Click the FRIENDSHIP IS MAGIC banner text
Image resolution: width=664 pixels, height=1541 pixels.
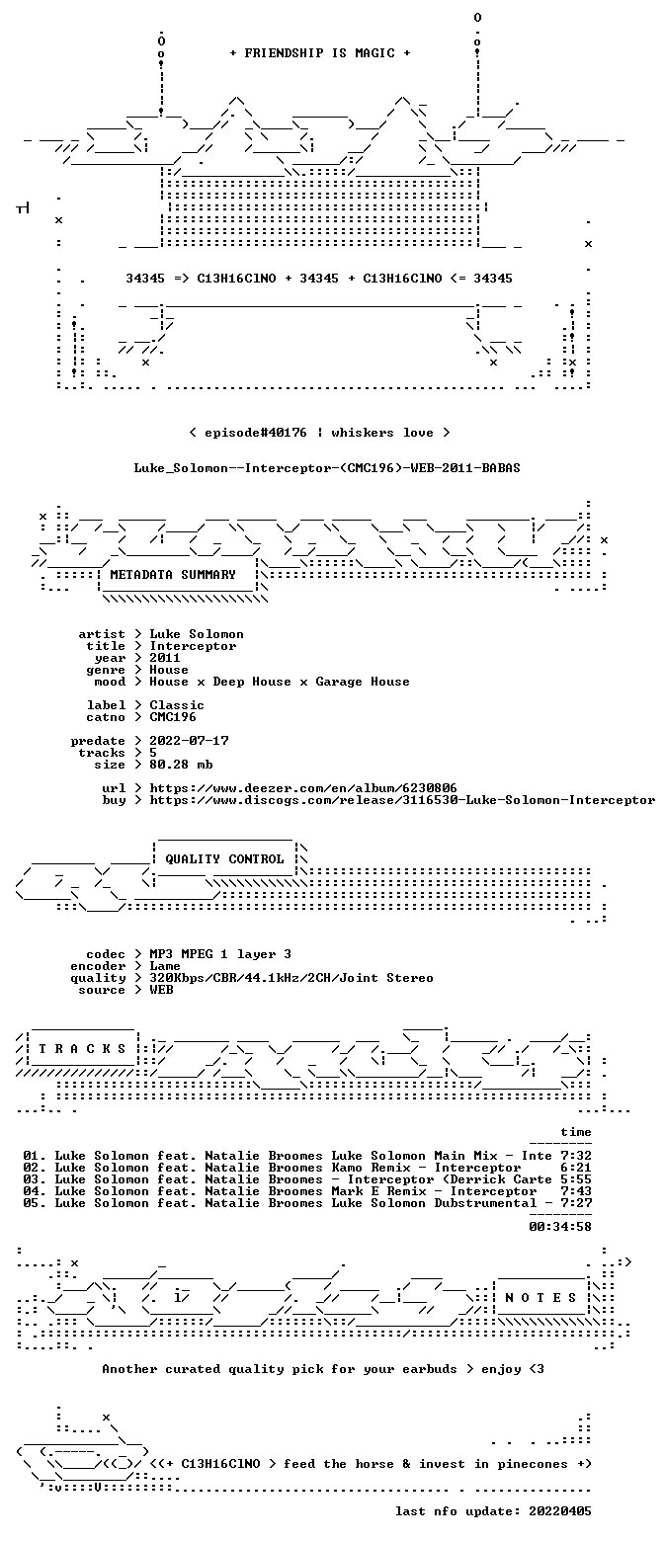pos(320,53)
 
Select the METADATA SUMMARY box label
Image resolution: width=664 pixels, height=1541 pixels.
pos(173,575)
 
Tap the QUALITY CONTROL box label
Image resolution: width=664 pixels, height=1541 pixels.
pos(224,859)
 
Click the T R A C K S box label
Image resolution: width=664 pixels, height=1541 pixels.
pos(83,1049)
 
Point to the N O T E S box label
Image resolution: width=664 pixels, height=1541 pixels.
pos(540,1297)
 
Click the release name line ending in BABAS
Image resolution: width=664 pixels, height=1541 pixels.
pos(327,468)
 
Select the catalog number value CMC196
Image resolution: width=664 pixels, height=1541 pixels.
pos(173,717)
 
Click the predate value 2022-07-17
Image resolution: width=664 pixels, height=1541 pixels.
pos(190,741)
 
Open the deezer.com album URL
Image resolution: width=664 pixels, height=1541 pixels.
pos(302,788)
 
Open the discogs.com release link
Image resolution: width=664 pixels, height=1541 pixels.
pos(402,800)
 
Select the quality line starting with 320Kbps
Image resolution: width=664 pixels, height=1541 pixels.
pos(291,978)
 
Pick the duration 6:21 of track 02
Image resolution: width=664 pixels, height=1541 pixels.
pos(576,1168)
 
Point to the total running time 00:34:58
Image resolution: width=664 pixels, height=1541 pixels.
pos(560,1227)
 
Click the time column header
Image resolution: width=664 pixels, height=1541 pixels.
pos(576,1132)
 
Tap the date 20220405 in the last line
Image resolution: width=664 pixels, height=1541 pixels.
pos(560,1511)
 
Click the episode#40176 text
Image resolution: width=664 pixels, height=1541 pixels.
pos(256,433)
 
